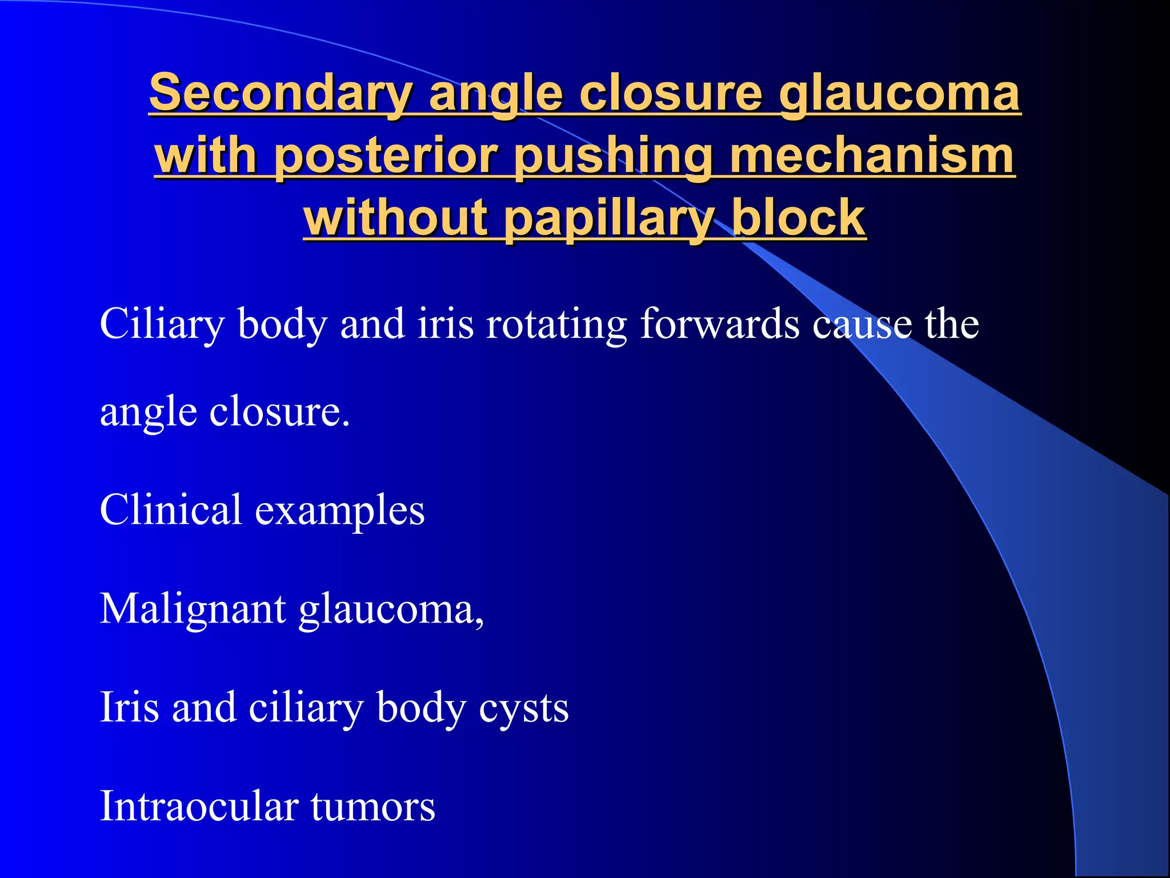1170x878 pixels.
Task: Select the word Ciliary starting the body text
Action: (162, 324)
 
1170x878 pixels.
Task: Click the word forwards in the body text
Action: (719, 324)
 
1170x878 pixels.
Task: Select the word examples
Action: (339, 510)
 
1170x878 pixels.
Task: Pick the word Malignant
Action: (193, 609)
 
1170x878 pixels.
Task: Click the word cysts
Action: (523, 708)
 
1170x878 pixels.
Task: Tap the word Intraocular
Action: (199, 806)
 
